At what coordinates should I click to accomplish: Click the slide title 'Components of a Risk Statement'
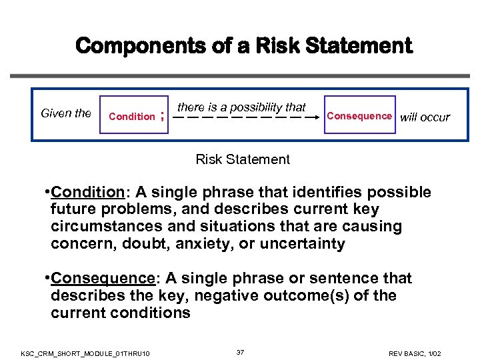click(x=244, y=46)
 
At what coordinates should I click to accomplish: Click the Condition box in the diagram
click(x=131, y=116)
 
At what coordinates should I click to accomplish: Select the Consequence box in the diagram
click(x=359, y=116)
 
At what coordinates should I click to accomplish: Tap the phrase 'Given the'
click(x=66, y=113)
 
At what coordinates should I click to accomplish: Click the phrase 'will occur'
click(x=425, y=117)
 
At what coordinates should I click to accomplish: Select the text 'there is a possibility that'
click(x=241, y=107)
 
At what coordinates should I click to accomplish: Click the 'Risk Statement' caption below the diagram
click(x=243, y=159)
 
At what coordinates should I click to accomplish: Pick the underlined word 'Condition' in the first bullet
click(x=87, y=193)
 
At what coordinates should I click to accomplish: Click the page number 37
click(x=240, y=351)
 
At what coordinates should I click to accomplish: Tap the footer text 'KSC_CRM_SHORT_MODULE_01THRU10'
click(x=85, y=352)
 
